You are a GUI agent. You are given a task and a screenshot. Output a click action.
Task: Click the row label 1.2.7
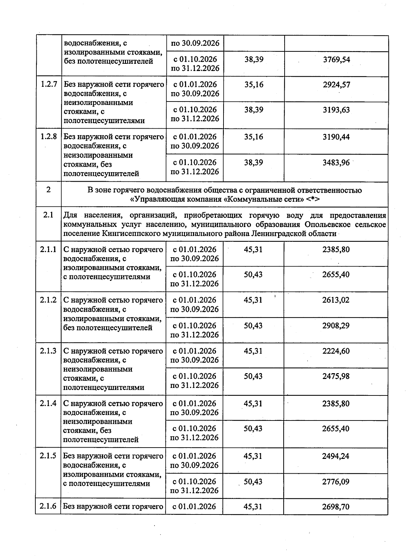click(x=48, y=84)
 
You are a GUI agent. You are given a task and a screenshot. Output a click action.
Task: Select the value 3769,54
click(x=336, y=59)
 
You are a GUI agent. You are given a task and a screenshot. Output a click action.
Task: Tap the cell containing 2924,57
click(x=336, y=84)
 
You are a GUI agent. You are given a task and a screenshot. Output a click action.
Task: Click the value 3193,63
click(x=336, y=110)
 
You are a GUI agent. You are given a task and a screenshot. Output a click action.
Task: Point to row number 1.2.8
click(x=48, y=137)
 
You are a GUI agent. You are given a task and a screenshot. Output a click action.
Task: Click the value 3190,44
click(x=336, y=137)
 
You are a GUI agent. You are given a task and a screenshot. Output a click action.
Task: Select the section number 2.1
click(x=48, y=215)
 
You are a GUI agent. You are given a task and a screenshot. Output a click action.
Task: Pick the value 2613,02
click(x=336, y=300)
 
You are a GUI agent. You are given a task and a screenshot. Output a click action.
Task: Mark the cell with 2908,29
click(x=336, y=325)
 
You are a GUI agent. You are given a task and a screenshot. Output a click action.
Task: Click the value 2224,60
click(x=336, y=351)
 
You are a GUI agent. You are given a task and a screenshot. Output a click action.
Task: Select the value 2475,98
click(x=336, y=376)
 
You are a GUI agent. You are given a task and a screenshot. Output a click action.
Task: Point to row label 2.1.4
click(x=48, y=403)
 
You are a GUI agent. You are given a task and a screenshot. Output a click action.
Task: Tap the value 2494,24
click(x=336, y=456)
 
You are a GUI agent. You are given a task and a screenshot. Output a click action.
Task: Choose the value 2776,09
click(x=336, y=482)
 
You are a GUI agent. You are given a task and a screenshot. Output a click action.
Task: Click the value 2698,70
click(x=336, y=507)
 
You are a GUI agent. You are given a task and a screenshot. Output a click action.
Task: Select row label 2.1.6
click(x=48, y=506)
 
